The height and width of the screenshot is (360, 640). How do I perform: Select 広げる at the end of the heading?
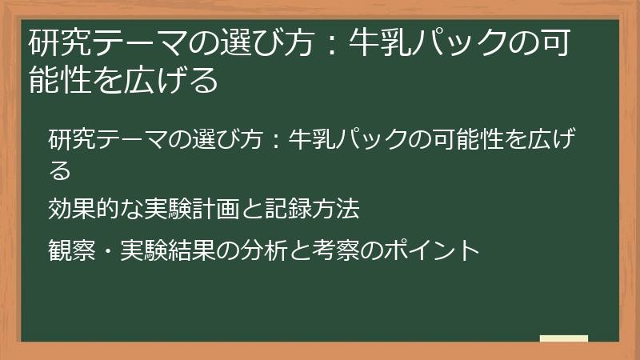(x=175, y=81)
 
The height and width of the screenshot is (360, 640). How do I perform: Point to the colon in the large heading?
(x=334, y=43)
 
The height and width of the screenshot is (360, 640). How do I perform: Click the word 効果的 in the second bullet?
(x=83, y=210)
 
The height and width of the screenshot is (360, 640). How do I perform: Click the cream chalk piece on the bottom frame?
(x=564, y=339)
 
